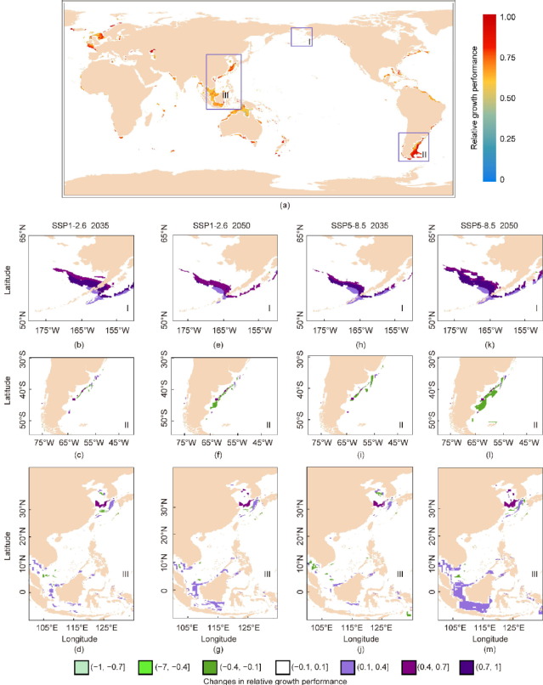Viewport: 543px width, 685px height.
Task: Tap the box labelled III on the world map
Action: pos(223,82)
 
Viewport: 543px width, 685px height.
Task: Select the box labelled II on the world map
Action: pos(414,146)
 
